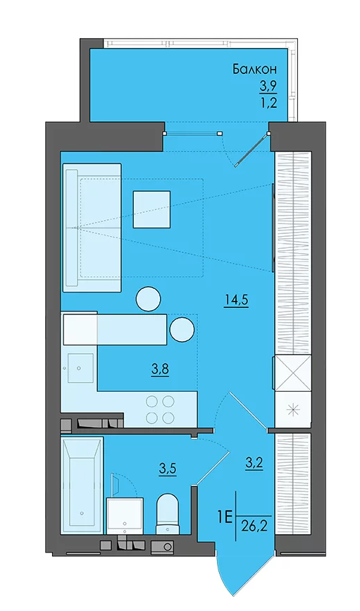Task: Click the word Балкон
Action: [x=255, y=69]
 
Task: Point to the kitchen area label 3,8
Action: [x=161, y=369]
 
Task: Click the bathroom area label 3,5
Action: [x=168, y=469]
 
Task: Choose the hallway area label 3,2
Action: [x=254, y=464]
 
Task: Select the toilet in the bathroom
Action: [x=168, y=514]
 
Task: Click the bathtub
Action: [x=82, y=485]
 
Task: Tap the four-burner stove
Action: [x=159, y=409]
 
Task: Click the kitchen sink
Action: [x=80, y=367]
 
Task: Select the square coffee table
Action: [x=151, y=209]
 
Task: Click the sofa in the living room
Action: [x=92, y=228]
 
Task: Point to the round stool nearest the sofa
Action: [x=148, y=300]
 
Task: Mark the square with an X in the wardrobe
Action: [x=293, y=373]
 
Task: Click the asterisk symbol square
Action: [x=293, y=409]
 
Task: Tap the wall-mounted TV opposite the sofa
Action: [x=273, y=228]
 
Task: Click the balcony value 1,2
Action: [x=268, y=104]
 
